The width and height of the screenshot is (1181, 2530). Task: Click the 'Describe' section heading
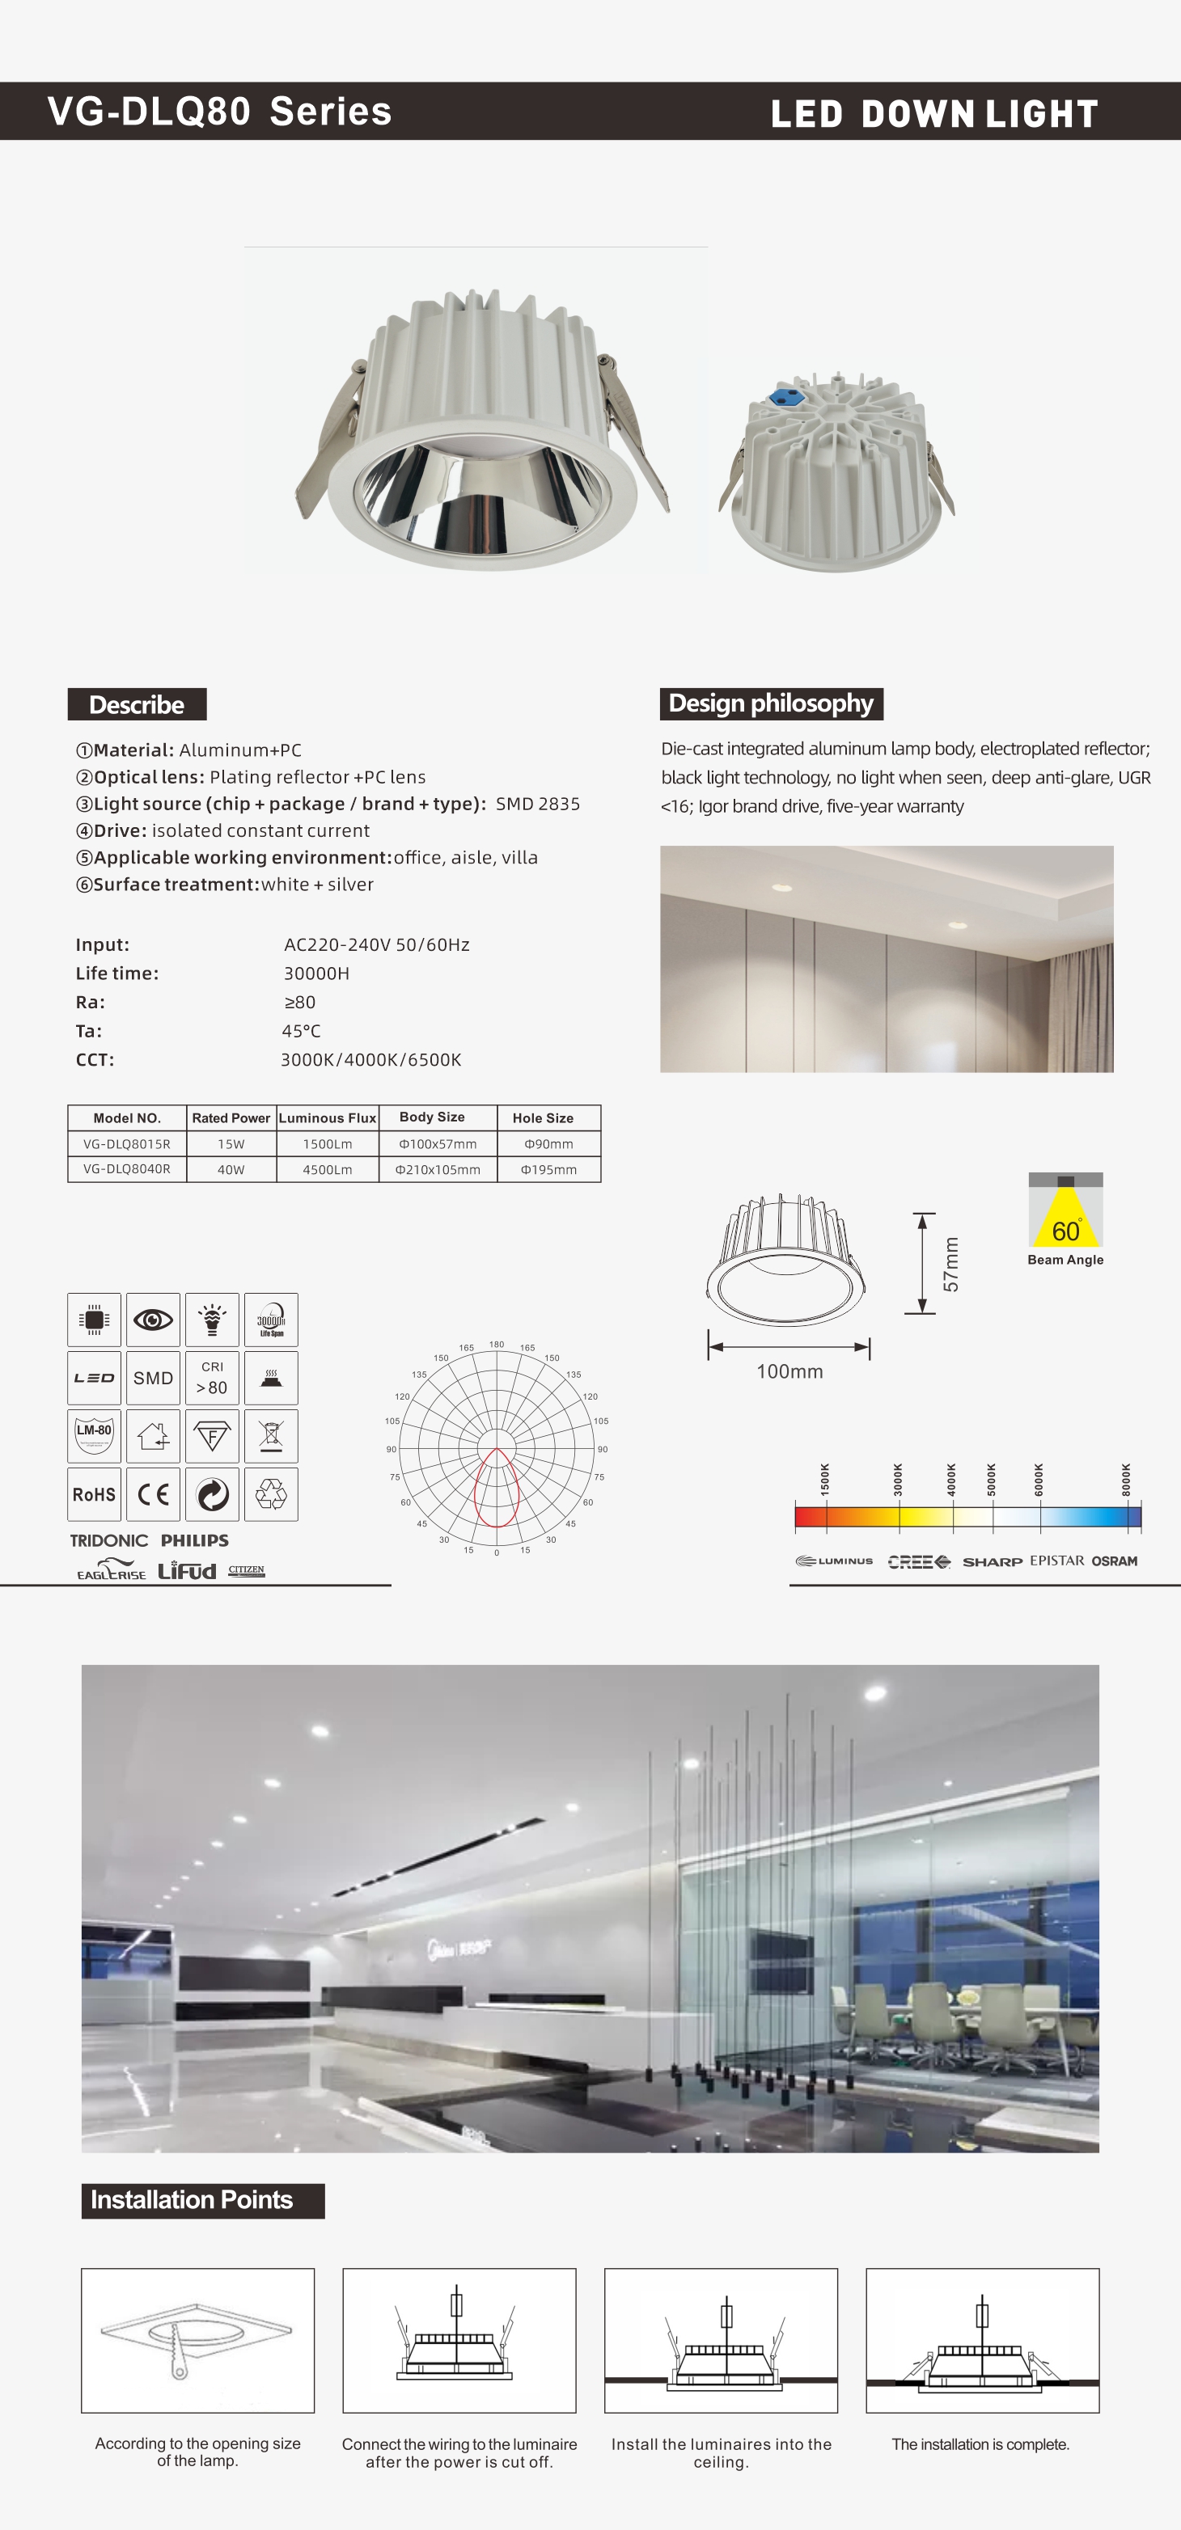(137, 704)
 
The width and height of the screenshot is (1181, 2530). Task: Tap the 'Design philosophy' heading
(770, 703)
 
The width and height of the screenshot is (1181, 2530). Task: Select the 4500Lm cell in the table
(327, 1168)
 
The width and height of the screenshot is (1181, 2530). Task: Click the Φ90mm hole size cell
(548, 1143)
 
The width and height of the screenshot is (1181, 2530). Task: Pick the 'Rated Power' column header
(231, 1117)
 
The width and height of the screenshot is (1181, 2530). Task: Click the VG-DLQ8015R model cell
(127, 1143)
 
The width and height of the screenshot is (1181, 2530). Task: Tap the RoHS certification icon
(95, 1494)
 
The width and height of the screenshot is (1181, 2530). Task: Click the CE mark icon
(153, 1494)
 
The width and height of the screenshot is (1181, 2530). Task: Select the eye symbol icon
(153, 1319)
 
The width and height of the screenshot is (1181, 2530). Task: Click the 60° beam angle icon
(1065, 1211)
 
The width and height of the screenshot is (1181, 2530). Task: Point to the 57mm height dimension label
(950, 1264)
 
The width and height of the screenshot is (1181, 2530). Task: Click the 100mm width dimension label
(789, 1371)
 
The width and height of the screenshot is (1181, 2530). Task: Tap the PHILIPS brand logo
(194, 1540)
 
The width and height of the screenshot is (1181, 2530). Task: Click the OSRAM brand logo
(1114, 1561)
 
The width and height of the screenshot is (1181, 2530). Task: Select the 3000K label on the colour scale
(898, 1479)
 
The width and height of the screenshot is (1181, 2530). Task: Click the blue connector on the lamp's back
(784, 397)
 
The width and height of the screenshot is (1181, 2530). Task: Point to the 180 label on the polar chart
(497, 1344)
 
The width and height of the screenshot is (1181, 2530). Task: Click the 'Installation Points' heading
(193, 2199)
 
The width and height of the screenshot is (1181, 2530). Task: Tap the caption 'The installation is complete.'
(980, 2443)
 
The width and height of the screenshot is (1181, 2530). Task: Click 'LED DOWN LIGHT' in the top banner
(933, 114)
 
